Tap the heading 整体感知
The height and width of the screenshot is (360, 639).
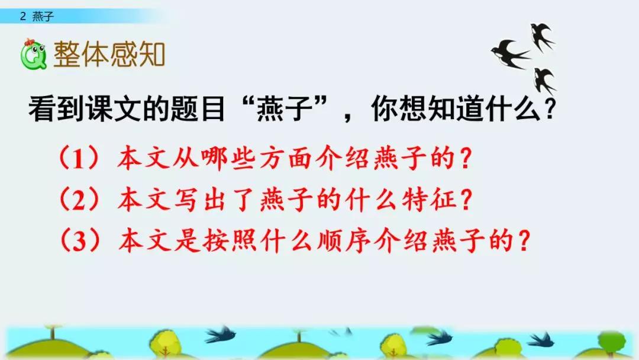tap(109, 54)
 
